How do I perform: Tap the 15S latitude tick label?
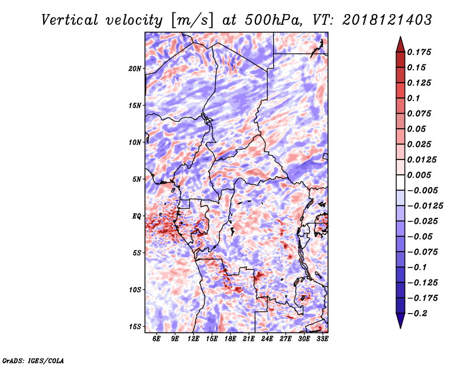135,327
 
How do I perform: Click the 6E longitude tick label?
157,338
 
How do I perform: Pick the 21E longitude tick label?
249,338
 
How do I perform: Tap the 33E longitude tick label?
322,338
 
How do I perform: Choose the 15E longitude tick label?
212,338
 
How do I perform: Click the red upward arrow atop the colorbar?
400,44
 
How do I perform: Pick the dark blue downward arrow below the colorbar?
400,321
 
